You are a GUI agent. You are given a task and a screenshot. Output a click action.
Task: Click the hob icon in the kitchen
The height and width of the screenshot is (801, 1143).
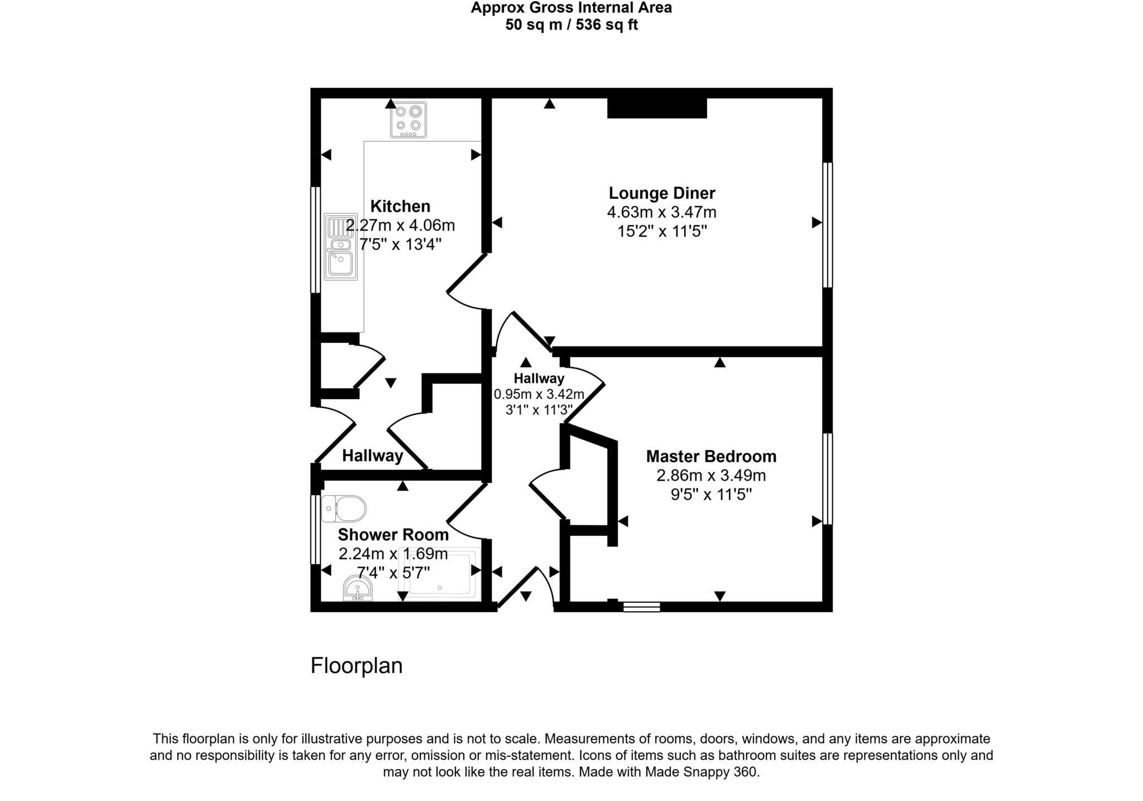click(x=408, y=119)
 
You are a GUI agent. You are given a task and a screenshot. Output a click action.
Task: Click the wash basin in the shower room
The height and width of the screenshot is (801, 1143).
click(x=358, y=588)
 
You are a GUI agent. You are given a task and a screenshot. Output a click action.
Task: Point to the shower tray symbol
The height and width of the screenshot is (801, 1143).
click(x=441, y=575)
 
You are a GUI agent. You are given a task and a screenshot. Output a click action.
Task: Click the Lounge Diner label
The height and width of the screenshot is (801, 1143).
click(x=661, y=193)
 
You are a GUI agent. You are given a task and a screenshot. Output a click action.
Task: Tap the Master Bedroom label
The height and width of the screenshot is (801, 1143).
click(x=710, y=456)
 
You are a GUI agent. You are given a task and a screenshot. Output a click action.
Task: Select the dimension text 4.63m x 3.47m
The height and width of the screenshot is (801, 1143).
click(x=661, y=212)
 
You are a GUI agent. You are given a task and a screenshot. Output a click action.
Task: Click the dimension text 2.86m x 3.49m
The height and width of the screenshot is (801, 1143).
click(x=710, y=476)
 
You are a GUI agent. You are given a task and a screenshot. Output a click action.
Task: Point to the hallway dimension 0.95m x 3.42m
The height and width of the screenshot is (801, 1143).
click(x=539, y=394)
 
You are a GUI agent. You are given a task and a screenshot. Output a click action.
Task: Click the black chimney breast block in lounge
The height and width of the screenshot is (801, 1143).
click(x=657, y=108)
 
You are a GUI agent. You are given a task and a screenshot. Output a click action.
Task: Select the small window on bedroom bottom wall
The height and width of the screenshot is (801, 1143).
click(x=641, y=607)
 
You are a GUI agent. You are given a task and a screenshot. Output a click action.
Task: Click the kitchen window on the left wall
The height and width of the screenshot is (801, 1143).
click(x=315, y=239)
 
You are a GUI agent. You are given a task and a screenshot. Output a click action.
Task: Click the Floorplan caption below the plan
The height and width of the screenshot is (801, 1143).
click(x=356, y=666)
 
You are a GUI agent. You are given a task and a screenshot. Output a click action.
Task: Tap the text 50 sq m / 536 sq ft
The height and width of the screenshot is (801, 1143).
click(x=571, y=25)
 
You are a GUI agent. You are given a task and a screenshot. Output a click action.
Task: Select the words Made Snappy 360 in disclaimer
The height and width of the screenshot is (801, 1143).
click(x=702, y=773)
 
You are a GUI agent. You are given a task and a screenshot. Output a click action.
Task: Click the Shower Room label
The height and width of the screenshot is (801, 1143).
click(x=393, y=535)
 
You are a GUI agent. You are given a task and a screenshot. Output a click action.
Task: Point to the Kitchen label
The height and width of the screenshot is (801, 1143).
click(x=400, y=206)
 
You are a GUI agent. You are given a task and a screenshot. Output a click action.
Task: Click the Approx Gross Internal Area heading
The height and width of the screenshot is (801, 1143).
click(x=571, y=8)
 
